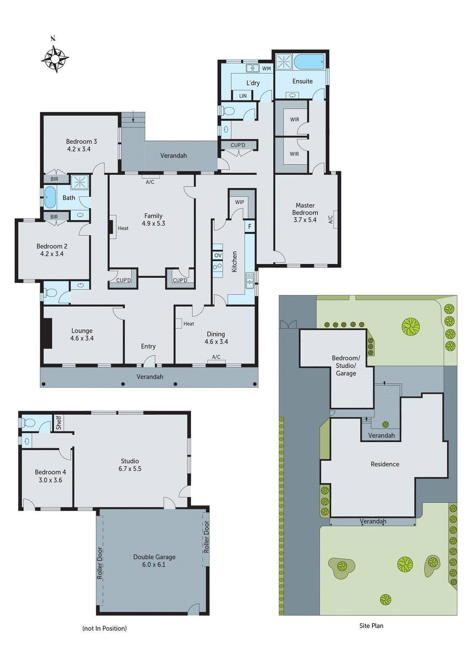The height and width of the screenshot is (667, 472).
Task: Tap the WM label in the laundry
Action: pos(266,68)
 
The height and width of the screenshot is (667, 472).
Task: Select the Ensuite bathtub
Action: pos(309,62)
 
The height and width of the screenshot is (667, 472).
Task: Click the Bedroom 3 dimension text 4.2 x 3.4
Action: pos(79,149)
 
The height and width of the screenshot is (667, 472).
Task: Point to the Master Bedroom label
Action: pos(305,209)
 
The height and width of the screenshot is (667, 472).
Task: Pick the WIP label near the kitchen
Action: pos(240,202)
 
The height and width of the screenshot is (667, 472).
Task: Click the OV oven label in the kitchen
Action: pos(218,255)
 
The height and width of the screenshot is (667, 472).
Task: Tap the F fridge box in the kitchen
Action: pos(250,226)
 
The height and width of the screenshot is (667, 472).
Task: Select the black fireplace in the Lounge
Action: pos(46,333)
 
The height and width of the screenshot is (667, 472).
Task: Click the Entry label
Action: pos(148,346)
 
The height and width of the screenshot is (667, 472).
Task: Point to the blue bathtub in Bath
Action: pos(50,197)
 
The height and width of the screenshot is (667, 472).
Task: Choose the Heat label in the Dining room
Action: pos(189,323)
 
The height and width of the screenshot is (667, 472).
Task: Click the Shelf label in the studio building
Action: pos(58,422)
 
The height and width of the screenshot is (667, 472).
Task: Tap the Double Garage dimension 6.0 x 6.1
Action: pos(154,564)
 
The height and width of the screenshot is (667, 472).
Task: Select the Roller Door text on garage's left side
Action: pos(100,563)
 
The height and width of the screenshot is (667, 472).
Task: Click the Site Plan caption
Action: pos(371,626)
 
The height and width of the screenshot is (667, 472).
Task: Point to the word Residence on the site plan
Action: pos(385,464)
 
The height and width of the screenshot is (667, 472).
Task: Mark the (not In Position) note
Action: pos(104,628)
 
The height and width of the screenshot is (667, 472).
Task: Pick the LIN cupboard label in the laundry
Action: pos(243,96)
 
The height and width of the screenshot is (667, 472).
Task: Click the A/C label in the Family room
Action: pos(150,182)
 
